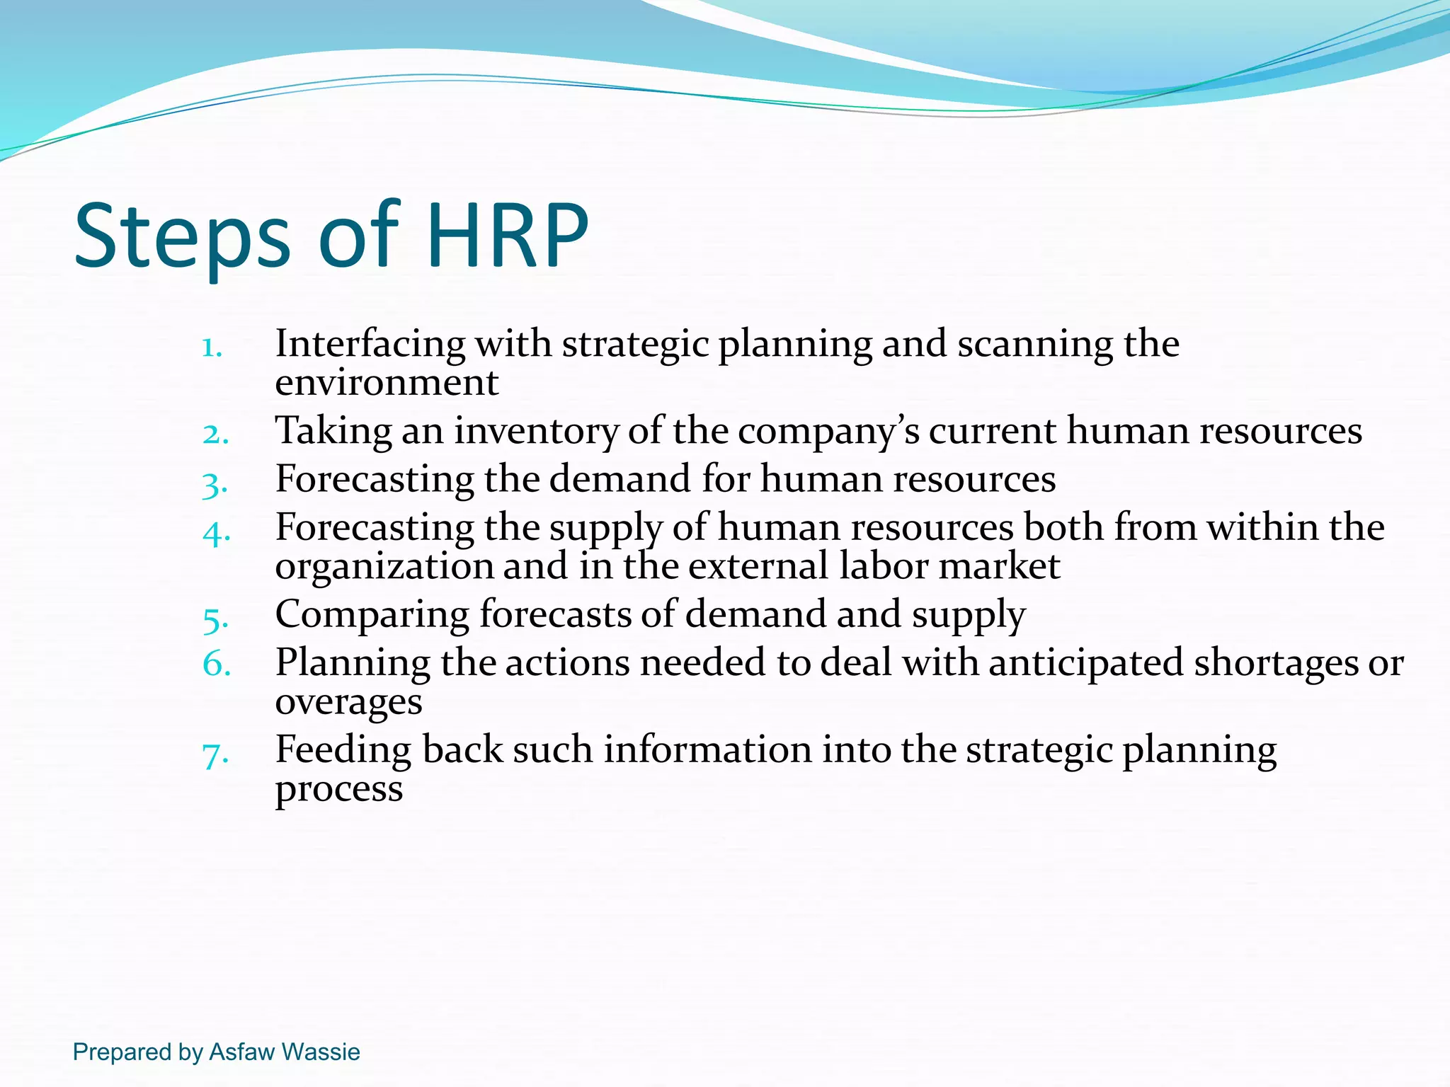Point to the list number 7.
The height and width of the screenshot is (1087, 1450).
215,754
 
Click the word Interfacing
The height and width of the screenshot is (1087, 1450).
370,344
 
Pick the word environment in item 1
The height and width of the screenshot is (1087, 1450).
387,383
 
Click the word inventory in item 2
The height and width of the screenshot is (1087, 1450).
536,431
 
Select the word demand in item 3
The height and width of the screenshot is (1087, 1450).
620,479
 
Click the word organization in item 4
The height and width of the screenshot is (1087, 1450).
384,567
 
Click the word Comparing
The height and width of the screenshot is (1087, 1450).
372,615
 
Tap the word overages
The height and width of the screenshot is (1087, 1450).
348,703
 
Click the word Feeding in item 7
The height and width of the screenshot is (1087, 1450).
343,750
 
